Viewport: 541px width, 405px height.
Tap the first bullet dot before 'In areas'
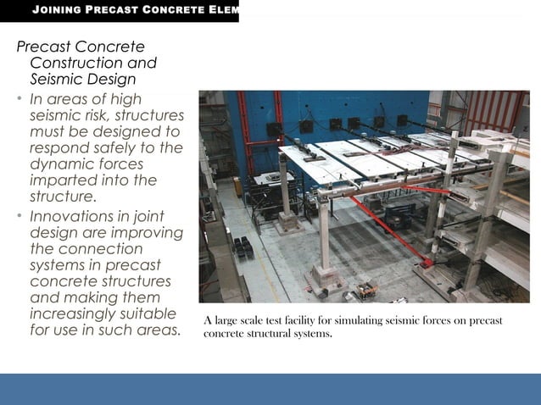point(20,99)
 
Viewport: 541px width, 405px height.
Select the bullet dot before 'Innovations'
point(20,214)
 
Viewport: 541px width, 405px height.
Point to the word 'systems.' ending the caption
point(308,333)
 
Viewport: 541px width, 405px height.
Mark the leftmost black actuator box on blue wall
point(274,130)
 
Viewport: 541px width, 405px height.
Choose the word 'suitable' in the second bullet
point(146,313)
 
